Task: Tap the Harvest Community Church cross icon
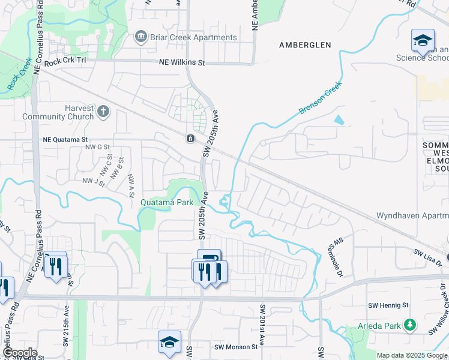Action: pos(103,111)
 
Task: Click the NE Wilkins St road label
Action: pos(182,62)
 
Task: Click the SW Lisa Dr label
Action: pos(427,259)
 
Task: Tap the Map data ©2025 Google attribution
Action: pos(412,355)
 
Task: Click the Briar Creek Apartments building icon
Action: pos(141,37)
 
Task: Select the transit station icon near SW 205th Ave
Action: pos(190,139)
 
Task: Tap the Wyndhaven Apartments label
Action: pos(413,215)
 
